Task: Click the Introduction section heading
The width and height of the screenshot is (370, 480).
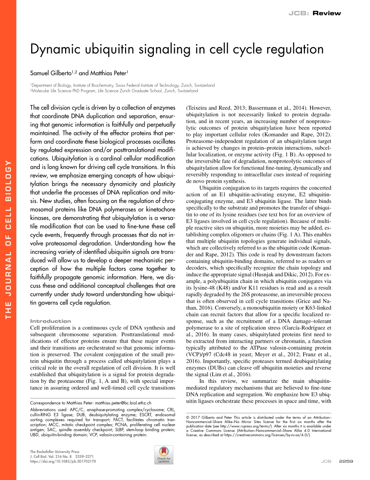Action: click(x=51, y=321)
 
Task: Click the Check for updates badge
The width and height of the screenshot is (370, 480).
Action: click(x=164, y=455)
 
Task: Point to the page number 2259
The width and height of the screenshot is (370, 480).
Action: click(x=346, y=461)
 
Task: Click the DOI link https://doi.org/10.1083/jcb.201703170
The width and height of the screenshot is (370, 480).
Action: click(x=63, y=461)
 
